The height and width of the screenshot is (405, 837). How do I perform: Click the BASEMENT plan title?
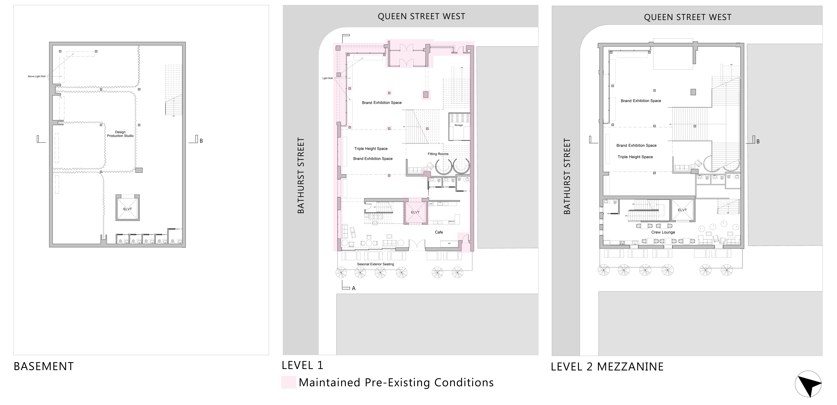coord(44,366)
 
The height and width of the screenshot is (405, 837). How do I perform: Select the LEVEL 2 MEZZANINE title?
coord(607,367)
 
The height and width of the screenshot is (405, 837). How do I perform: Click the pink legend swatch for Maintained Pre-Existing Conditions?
coord(288,382)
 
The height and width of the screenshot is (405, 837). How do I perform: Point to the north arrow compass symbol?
coord(808,384)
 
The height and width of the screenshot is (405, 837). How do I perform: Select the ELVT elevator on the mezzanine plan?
coord(682,210)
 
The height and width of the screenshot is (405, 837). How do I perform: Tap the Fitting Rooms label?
coord(438,154)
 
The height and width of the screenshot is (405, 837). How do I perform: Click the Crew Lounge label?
coord(663,232)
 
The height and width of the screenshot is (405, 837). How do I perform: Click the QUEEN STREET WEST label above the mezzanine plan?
coord(688,17)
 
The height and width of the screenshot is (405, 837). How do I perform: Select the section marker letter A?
coord(354,288)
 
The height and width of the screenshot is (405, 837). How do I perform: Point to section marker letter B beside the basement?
coord(201,141)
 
